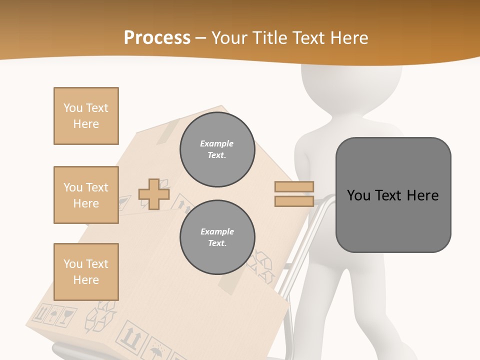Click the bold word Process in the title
[x=157, y=37]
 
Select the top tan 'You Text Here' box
[x=86, y=116]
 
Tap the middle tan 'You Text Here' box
[x=86, y=195]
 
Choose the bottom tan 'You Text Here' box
[x=86, y=271]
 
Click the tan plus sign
[x=154, y=194]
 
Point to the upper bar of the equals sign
[x=294, y=187]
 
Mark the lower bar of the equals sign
[x=294, y=201]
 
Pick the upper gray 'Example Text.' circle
[x=217, y=149]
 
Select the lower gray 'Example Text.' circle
[x=217, y=237]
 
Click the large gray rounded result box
[x=393, y=195]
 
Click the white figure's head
[x=351, y=85]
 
